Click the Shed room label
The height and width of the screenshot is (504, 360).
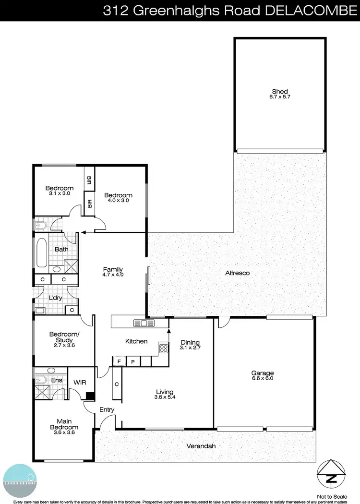[280, 91]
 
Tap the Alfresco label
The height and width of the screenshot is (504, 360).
[238, 273]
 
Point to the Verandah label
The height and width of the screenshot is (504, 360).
[201, 446]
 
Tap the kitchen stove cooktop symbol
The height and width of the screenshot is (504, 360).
[164, 348]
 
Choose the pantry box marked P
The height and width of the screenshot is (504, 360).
[132, 361]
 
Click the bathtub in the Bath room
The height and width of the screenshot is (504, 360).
[41, 252]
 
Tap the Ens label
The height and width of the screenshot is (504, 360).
[43, 379]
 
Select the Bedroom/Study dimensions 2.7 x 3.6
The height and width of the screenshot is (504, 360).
[64, 345]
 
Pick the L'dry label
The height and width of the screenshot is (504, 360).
[56, 298]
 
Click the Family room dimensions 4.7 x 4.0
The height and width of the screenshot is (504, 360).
[113, 275]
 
